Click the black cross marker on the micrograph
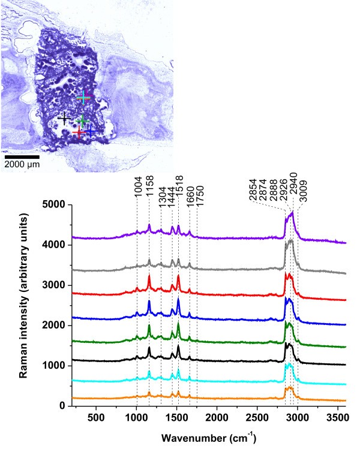[x=65, y=119]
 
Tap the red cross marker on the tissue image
[x=79, y=131]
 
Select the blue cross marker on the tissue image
[x=90, y=130]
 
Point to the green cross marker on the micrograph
[x=82, y=122]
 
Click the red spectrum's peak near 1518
[x=178, y=277]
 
